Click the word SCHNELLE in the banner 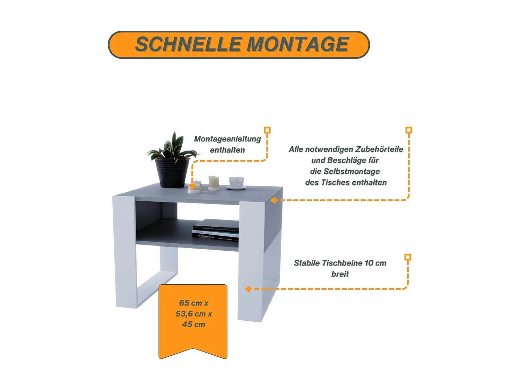(188, 44)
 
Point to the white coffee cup (236, 182)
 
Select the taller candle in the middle (214, 182)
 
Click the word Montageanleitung (227, 139)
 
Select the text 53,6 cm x (193, 314)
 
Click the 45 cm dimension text (193, 324)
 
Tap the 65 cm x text (193, 303)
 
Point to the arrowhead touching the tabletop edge (273, 200)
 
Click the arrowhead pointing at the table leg (248, 289)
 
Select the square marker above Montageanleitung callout (267, 130)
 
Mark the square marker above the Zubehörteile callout (409, 130)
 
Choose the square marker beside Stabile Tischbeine (408, 257)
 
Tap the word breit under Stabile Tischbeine (340, 274)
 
